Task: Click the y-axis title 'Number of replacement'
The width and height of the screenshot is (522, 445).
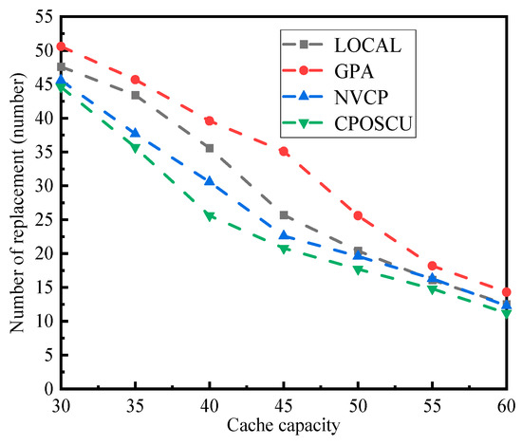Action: pos(17,203)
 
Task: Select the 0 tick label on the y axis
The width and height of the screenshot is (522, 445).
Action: pos(44,389)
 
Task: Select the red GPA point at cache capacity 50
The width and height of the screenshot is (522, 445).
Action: pos(358,215)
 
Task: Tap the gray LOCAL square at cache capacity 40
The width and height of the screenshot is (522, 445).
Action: pos(209,148)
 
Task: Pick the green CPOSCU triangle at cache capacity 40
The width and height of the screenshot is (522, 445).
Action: pos(209,216)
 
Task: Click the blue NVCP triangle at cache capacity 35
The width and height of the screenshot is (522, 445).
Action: pos(135,133)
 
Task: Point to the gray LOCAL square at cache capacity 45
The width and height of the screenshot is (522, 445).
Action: pos(283,215)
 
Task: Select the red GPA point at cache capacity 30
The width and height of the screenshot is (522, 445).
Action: pos(61,46)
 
